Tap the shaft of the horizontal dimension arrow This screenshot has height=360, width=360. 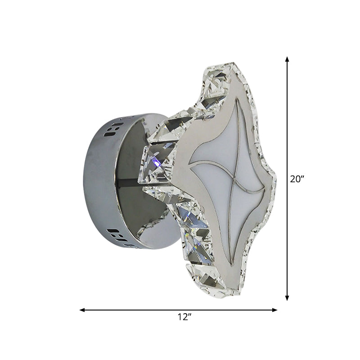(135, 310)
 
